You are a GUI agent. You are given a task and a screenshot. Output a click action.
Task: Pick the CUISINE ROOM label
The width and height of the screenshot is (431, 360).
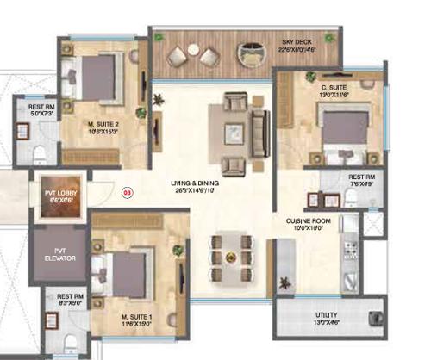tap(308, 220)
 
